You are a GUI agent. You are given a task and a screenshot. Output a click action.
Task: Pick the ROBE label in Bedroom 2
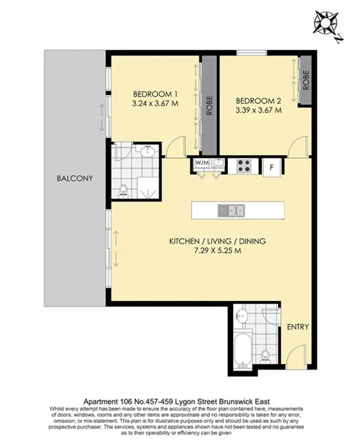(x=303, y=80)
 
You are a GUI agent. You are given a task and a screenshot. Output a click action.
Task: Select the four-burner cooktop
(x=245, y=167)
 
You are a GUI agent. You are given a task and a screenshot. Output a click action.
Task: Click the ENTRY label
(x=297, y=326)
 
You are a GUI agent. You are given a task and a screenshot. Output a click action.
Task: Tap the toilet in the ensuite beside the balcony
(x=123, y=190)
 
